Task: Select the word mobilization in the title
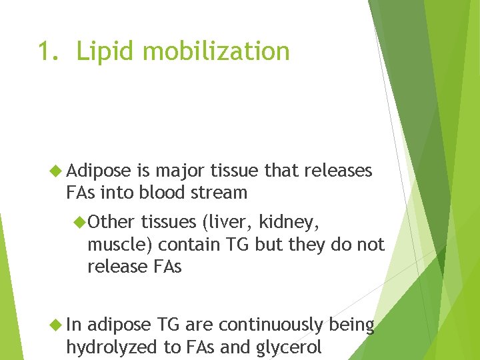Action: (x=213, y=51)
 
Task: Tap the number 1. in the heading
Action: (x=49, y=51)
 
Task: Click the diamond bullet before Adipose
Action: (x=57, y=171)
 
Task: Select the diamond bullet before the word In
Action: (x=57, y=325)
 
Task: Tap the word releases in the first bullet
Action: (x=337, y=171)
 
